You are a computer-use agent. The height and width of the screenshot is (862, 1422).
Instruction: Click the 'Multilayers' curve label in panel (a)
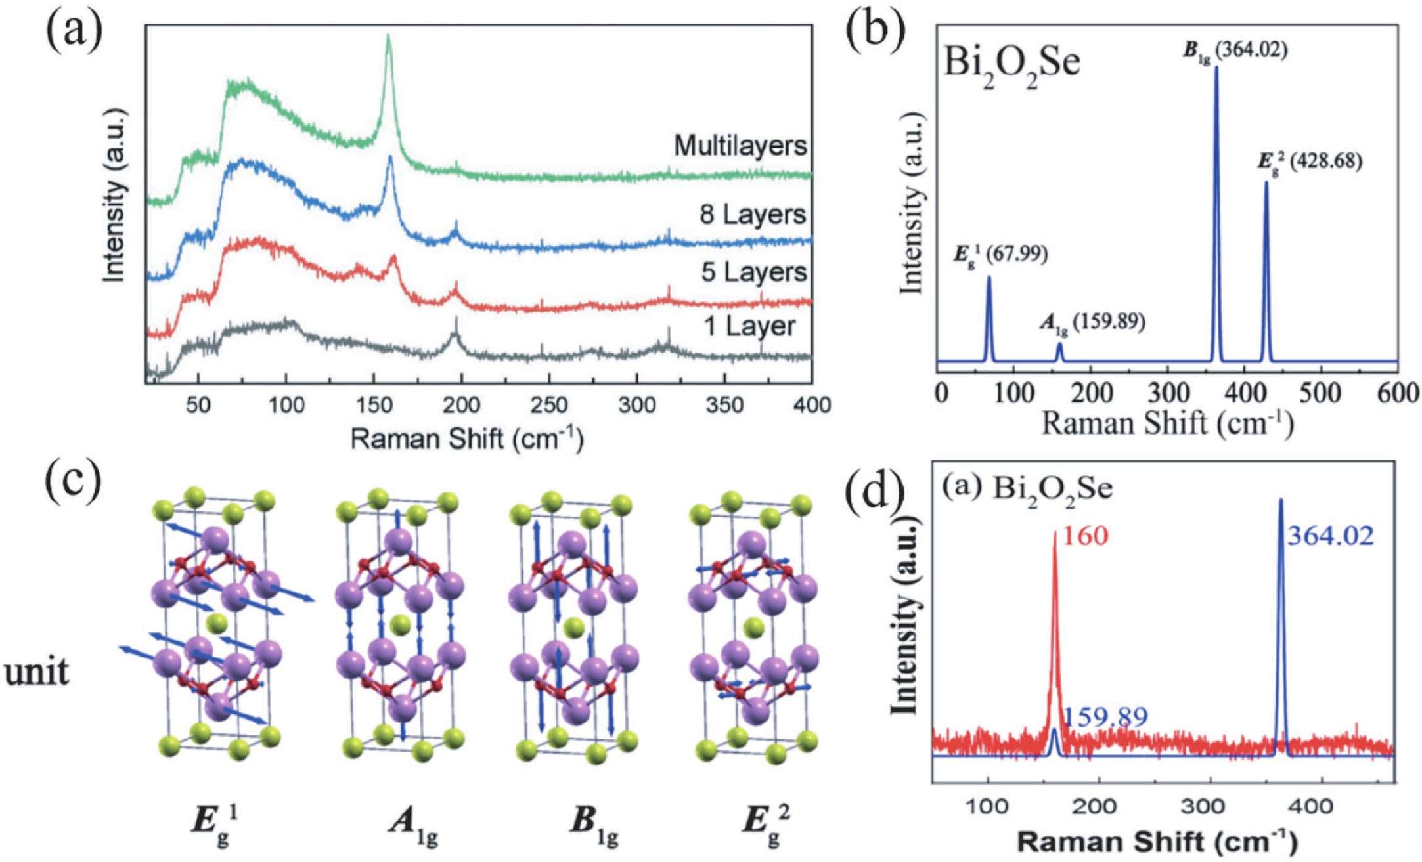740,146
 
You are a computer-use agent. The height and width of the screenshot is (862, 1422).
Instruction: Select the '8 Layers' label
752,215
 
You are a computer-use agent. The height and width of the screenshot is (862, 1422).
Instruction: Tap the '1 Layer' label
749,326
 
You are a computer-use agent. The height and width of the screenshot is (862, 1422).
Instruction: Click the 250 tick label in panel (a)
548,405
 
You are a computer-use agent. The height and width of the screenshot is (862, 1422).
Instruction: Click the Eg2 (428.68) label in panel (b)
1310,162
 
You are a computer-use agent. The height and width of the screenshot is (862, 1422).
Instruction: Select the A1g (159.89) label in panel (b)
1092,322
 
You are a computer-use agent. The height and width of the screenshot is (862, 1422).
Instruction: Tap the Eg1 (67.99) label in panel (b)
1000,254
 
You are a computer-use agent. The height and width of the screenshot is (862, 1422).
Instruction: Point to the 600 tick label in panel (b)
1398,393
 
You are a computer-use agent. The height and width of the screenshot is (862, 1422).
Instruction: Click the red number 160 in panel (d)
1085,536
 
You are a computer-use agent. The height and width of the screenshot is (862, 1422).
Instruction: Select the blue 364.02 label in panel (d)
1330,536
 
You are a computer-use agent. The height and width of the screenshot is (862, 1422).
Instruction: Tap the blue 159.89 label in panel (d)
1105,717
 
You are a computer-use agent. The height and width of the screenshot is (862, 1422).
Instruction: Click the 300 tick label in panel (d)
1205,806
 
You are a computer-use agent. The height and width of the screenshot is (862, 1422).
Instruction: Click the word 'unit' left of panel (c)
36,672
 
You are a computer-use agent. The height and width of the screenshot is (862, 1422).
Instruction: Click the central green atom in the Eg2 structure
753,628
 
